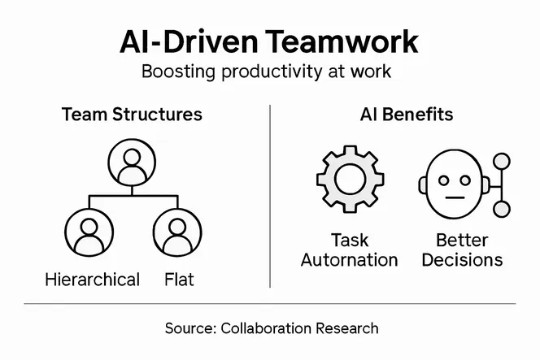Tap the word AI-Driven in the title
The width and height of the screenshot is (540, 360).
[x=189, y=41]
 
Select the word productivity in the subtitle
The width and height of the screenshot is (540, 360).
[x=271, y=72]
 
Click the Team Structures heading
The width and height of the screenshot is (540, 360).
[x=132, y=115]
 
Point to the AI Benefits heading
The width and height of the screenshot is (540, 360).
[x=407, y=115]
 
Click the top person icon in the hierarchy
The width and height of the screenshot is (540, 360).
[x=132, y=163]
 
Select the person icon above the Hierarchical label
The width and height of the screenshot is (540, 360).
[x=89, y=232]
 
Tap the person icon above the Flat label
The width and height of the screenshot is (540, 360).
[x=177, y=232]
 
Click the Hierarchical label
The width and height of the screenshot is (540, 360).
[x=92, y=280]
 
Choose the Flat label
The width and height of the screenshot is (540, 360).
[x=179, y=280]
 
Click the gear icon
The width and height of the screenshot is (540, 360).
[x=351, y=179]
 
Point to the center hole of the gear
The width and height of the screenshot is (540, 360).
[x=351, y=180]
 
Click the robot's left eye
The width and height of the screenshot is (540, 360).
[x=444, y=180]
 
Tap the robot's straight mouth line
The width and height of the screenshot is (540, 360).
[x=455, y=197]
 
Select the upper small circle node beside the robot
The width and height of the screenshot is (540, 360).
[x=502, y=162]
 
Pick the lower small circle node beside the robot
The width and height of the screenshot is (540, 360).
[x=502, y=209]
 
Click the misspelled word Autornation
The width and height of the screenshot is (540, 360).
[x=349, y=260]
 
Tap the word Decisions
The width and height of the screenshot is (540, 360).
[x=462, y=260]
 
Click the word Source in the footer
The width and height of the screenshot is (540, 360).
[x=191, y=328]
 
